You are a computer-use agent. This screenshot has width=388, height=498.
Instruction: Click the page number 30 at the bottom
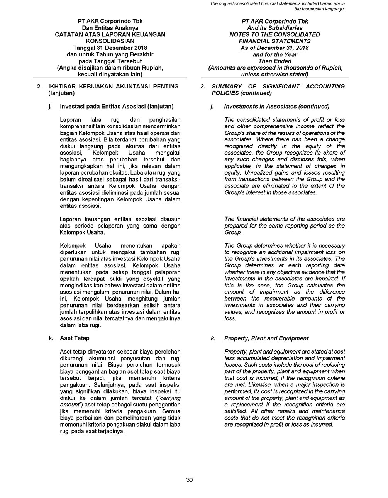click(x=189, y=480)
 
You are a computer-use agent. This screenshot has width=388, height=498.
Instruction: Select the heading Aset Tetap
click(x=75, y=338)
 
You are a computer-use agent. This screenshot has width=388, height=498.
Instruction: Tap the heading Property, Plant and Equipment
click(x=266, y=338)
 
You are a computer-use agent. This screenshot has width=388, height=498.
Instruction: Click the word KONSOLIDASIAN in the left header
click(x=110, y=41)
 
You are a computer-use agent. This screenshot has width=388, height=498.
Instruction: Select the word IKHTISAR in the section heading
click(x=61, y=87)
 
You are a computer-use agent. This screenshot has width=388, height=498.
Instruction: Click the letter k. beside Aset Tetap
click(x=51, y=338)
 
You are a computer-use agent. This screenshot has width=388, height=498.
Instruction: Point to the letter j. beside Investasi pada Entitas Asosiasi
click(x=50, y=106)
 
